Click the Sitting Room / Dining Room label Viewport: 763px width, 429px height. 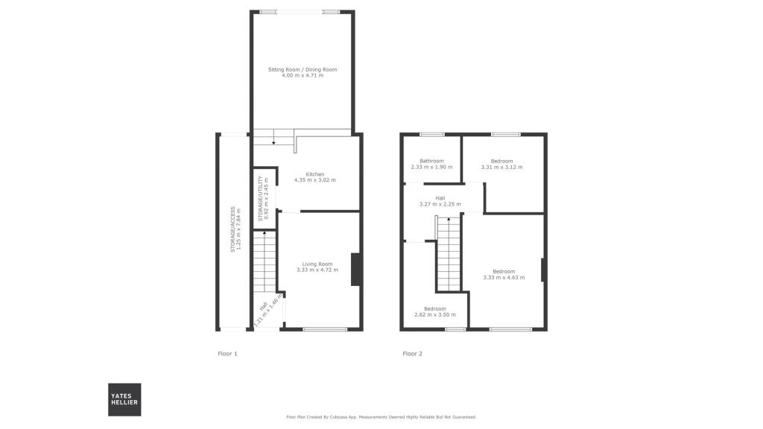(x=303, y=70)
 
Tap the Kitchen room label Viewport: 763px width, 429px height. (x=315, y=174)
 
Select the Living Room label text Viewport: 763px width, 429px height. (x=317, y=264)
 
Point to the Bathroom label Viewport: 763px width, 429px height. (x=431, y=161)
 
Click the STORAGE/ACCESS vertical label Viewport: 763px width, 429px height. (x=232, y=229)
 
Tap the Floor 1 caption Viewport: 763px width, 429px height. (x=227, y=354)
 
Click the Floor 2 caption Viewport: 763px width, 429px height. (x=412, y=354)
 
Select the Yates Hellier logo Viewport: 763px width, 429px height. (x=124, y=399)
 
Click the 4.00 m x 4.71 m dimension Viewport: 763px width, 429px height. (x=303, y=76)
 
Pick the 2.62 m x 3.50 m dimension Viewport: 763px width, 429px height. (x=435, y=315)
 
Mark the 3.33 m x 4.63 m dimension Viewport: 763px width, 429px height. (x=504, y=277)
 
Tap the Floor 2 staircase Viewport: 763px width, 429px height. (x=449, y=254)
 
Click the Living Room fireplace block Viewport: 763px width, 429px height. (x=356, y=270)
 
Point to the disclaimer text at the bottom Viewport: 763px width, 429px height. (x=381, y=417)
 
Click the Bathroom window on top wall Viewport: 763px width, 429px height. (x=431, y=135)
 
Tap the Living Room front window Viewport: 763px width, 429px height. (x=325, y=328)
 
